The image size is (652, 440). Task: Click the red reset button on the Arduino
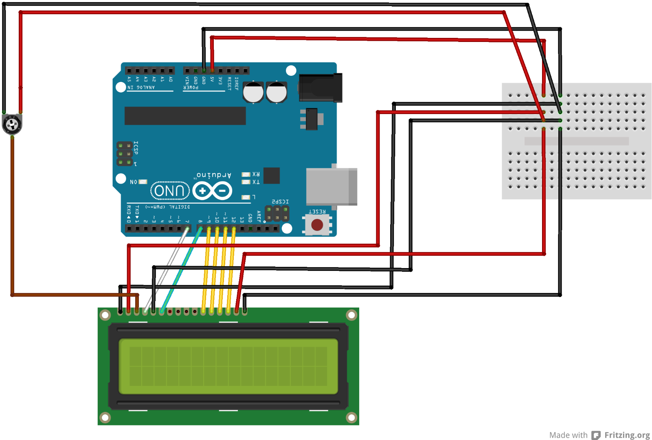coord(317,224)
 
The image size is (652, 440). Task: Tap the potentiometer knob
coord(12,125)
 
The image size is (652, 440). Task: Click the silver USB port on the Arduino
coord(331,187)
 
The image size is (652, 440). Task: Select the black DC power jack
coord(321,88)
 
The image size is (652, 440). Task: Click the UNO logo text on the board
coord(170,191)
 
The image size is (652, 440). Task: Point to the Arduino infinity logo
coord(212,191)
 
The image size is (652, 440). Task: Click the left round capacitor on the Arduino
coord(253,92)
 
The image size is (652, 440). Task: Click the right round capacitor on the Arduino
coord(277,92)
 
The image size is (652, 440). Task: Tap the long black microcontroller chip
coord(185,116)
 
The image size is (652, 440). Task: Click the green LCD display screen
coord(228,366)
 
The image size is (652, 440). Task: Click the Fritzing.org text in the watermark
coord(627,435)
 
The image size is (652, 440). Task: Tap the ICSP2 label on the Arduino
coord(280,202)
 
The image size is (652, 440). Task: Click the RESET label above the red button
coord(317,211)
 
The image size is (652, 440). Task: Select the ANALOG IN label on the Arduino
coord(141,87)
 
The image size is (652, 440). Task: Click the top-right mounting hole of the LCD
coord(351,315)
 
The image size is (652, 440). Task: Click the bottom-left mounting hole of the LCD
coord(105,417)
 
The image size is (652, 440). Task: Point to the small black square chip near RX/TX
coord(271,176)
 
